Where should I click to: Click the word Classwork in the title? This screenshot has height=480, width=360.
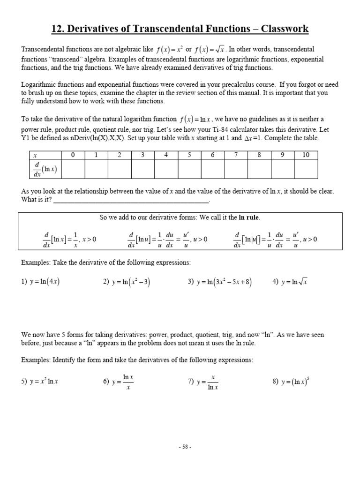[284, 29]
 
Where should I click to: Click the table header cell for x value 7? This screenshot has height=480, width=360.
[236, 155]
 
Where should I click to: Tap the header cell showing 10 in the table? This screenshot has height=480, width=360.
[306, 155]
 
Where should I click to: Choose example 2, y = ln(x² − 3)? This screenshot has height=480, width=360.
[127, 282]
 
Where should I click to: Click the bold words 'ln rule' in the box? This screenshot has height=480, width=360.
[249, 217]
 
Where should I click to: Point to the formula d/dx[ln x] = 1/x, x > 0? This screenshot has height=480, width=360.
[69, 239]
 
